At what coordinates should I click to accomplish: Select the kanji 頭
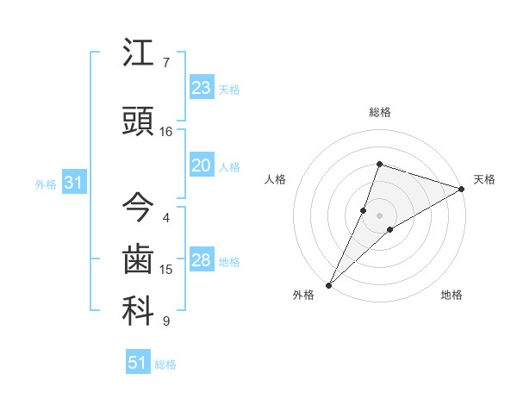(x=138, y=121)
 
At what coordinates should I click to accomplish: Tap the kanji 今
(x=138, y=207)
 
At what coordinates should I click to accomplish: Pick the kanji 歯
(x=138, y=259)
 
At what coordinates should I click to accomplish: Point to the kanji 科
(x=138, y=311)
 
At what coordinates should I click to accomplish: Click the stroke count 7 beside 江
(x=165, y=63)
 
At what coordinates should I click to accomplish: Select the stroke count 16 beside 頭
(x=166, y=132)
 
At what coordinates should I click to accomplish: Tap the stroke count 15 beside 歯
(x=166, y=270)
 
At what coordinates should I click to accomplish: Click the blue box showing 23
(x=202, y=87)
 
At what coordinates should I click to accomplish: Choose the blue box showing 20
(x=202, y=165)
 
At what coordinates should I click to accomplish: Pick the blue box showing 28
(x=202, y=260)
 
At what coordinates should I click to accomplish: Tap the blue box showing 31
(x=74, y=183)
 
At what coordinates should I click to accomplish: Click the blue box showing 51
(x=138, y=363)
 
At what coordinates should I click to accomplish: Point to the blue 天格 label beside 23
(x=228, y=90)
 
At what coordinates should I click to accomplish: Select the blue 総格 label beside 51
(x=165, y=365)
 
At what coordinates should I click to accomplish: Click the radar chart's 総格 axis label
(x=379, y=113)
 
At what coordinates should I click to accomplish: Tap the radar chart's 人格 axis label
(x=276, y=179)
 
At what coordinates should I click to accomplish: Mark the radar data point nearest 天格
(x=461, y=189)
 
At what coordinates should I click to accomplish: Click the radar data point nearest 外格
(x=328, y=284)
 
